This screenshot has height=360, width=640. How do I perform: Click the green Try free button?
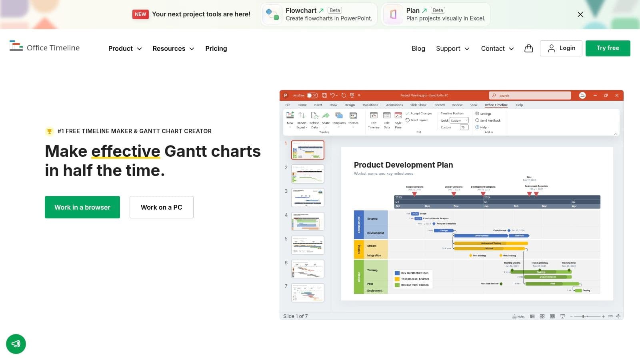pyautogui.click(x=608, y=48)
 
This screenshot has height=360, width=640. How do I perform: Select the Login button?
pyautogui.click(x=561, y=48)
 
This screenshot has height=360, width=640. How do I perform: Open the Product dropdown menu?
pyautogui.click(x=125, y=48)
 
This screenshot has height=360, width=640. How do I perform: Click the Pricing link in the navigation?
pyautogui.click(x=216, y=48)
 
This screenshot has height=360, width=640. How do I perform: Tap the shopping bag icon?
pyautogui.click(x=528, y=48)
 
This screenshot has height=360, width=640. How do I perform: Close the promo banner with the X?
pyautogui.click(x=580, y=14)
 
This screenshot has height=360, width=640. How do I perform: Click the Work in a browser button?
pyautogui.click(x=82, y=207)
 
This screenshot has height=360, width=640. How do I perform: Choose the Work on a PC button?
pyautogui.click(x=161, y=207)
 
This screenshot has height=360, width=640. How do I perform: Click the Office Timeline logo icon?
pyautogui.click(x=16, y=46)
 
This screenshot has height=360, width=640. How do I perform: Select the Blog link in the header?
pyautogui.click(x=418, y=48)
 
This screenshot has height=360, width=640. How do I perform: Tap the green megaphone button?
pyautogui.click(x=16, y=344)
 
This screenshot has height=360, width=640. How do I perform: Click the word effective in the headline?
pyautogui.click(x=126, y=151)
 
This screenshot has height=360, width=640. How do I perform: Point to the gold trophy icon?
pyautogui.click(x=49, y=131)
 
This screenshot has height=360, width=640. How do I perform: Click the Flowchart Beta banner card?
pyautogui.click(x=319, y=14)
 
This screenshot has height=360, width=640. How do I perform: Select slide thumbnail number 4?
pyautogui.click(x=308, y=221)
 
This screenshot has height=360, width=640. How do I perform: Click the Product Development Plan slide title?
pyautogui.click(x=403, y=165)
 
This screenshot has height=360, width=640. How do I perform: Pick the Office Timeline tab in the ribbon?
pyautogui.click(x=496, y=105)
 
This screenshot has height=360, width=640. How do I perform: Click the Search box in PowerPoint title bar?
pyautogui.click(x=530, y=96)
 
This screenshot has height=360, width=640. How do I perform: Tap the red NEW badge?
pyautogui.click(x=140, y=14)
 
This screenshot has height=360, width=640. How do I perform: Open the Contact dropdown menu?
pyautogui.click(x=497, y=48)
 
